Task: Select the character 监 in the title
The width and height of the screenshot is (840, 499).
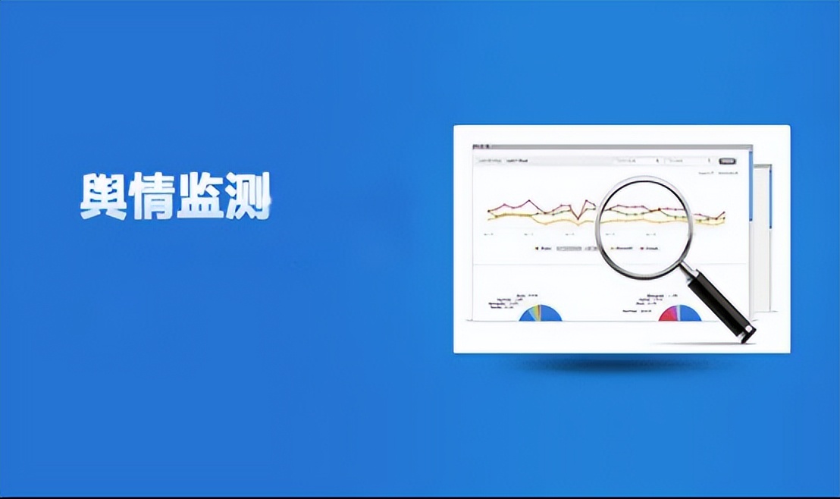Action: pyautogui.click(x=199, y=197)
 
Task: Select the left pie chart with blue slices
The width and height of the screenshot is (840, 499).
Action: pyautogui.click(x=541, y=313)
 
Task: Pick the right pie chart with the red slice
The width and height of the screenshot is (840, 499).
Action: pyautogui.click(x=680, y=313)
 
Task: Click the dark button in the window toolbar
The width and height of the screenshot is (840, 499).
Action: pyautogui.click(x=727, y=161)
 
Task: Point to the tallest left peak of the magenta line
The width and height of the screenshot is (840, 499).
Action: pyautogui.click(x=531, y=202)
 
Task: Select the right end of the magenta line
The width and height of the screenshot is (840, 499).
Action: pyautogui.click(x=724, y=213)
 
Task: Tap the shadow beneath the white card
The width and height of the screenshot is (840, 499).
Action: pyautogui.click(x=622, y=364)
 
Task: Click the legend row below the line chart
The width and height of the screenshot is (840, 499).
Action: pyautogui.click(x=599, y=248)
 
